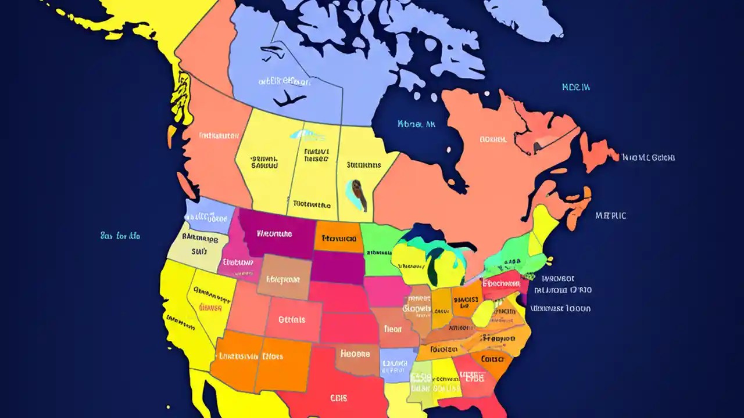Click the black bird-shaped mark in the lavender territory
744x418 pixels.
[x=289, y=100]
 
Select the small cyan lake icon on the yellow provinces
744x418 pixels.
[x=307, y=135]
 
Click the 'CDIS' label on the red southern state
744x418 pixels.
[x=338, y=398]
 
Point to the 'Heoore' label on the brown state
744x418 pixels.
[x=355, y=353]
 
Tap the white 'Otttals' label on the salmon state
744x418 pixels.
[x=291, y=319]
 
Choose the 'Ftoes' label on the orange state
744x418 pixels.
[x=273, y=356]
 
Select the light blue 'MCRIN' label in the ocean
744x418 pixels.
[x=576, y=87]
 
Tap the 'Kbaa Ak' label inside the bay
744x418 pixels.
[x=416, y=124]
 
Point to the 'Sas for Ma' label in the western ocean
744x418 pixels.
[x=120, y=236]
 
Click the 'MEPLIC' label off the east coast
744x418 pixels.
[x=611, y=215]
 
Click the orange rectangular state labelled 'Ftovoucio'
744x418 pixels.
[x=338, y=237]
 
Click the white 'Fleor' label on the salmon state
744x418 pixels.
[x=392, y=329]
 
